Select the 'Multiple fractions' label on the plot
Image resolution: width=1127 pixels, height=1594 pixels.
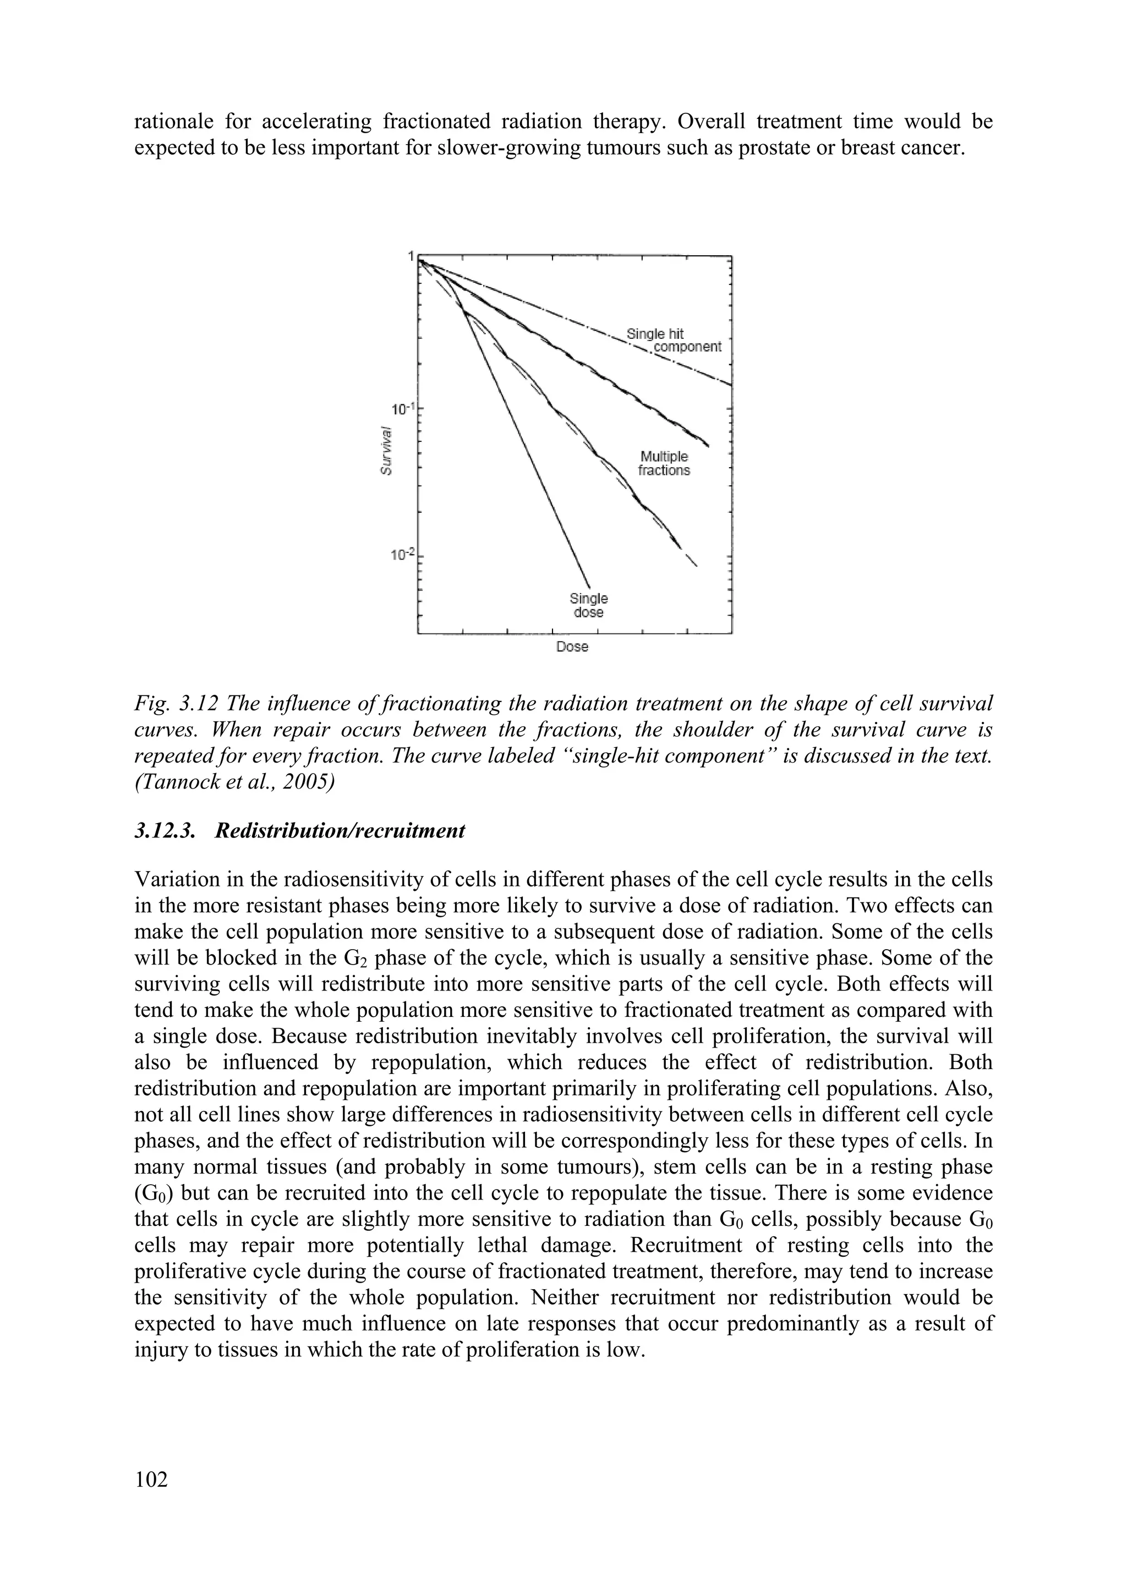(x=664, y=463)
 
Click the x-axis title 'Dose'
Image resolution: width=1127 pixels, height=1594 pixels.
(x=572, y=647)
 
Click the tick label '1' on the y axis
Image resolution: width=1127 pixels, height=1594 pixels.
(x=411, y=256)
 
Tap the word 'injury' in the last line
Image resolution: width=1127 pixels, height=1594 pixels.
(x=160, y=1350)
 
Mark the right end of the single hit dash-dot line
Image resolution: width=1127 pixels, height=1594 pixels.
(x=730, y=383)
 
